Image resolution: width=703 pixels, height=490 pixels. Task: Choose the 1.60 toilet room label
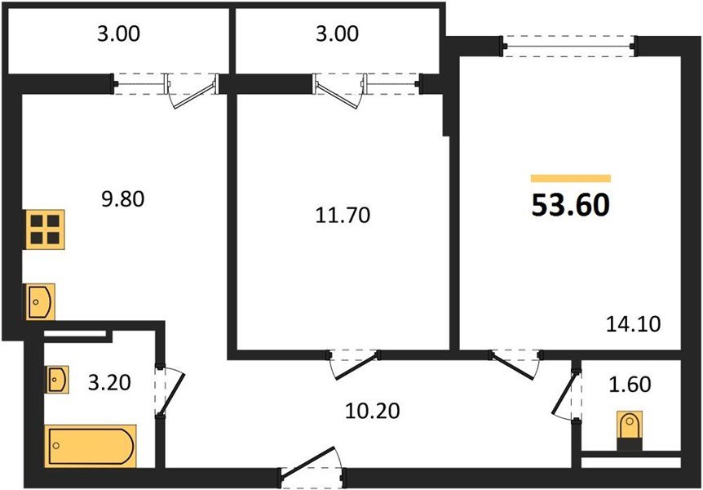pyautogui.click(x=630, y=385)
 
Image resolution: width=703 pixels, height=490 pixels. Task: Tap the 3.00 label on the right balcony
pyautogui.click(x=338, y=34)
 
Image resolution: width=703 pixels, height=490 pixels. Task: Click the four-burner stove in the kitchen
pyautogui.click(x=46, y=229)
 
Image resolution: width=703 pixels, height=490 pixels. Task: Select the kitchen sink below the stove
pyautogui.click(x=40, y=302)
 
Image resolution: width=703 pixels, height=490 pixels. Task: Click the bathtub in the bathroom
pyautogui.click(x=91, y=446)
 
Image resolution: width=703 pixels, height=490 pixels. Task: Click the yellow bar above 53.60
pyautogui.click(x=570, y=177)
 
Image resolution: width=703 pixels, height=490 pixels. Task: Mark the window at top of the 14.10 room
pyautogui.click(x=568, y=46)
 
